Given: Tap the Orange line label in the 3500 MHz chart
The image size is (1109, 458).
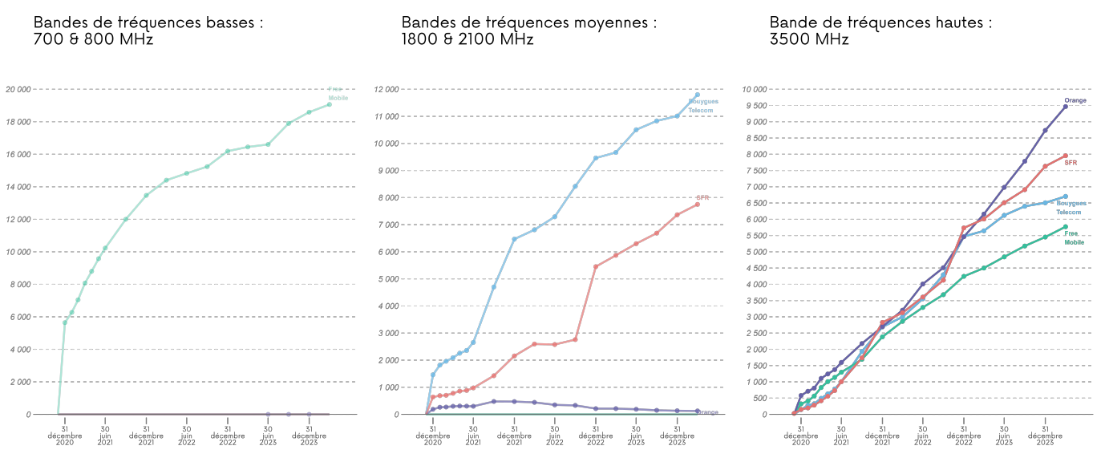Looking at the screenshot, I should pos(1075,100).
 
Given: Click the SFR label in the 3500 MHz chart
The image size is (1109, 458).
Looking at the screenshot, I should pos(1071,162).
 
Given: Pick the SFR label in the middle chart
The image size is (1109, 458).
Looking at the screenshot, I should pos(702,197).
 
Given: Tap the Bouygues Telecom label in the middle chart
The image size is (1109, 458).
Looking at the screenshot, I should pos(703,106).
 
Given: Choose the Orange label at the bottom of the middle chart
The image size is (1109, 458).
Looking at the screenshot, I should pos(708,412).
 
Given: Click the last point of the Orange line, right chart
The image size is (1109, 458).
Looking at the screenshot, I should pos(1066,107).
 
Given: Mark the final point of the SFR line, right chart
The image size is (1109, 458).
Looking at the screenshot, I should pos(1066,156).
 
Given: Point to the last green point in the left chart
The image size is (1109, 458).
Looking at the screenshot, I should pos(329,104).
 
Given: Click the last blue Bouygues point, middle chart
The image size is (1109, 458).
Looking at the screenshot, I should pos(697,95).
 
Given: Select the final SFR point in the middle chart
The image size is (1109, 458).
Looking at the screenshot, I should pos(697,205).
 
